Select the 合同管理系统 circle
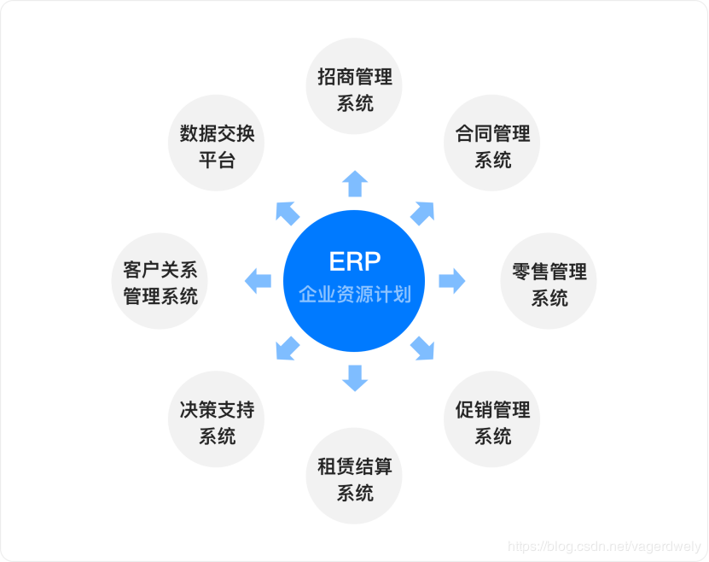(492, 146)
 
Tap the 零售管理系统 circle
(549, 284)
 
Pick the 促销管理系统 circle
(492, 423)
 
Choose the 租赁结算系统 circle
(354, 479)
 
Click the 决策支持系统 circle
(217, 423)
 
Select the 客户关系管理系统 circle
(160, 284)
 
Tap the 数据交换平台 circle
(217, 146)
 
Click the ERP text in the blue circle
(354, 261)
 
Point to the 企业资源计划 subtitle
(354, 295)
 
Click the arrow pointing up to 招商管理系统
(355, 184)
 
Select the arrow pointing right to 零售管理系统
(452, 280)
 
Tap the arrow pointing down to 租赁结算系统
(355, 378)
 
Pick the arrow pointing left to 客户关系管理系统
(258, 280)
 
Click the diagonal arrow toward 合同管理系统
(422, 213)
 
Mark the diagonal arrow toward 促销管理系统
(422, 348)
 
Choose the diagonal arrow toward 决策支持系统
(288, 348)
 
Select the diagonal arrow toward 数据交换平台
(288, 213)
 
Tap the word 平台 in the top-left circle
(217, 160)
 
